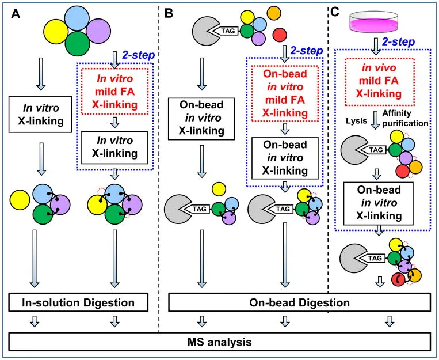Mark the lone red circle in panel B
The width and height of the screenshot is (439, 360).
pos(281,33)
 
